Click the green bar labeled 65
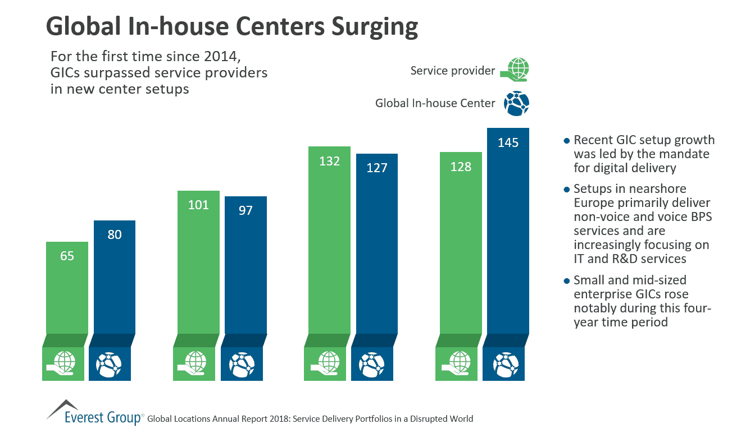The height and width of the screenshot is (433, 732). [x=66, y=289]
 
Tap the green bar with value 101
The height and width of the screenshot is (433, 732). [x=198, y=264]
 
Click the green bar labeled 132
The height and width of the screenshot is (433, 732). [x=330, y=241]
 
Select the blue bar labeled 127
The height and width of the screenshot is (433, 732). [x=377, y=244]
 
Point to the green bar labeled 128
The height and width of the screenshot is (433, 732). [x=461, y=244]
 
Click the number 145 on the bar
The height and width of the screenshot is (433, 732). [x=508, y=142]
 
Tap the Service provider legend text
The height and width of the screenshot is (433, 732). [x=453, y=71]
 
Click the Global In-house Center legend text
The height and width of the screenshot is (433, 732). [x=435, y=103]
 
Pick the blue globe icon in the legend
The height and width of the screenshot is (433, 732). [x=516, y=103]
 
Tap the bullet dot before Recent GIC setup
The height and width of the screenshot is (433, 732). [x=566, y=140]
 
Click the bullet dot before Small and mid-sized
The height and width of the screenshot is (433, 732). [x=566, y=280]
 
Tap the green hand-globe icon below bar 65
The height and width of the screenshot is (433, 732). [x=63, y=363]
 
